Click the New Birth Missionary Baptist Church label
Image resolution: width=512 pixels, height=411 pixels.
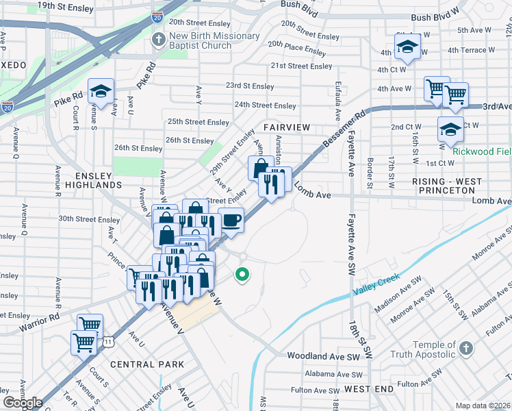(x=214, y=41)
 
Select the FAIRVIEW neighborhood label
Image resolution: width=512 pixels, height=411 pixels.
(x=286, y=128)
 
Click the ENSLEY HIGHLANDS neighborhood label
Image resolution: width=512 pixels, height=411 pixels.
(x=94, y=179)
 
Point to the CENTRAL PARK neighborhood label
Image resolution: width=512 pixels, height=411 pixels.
(x=146, y=364)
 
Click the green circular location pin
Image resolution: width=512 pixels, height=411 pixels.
(x=242, y=275)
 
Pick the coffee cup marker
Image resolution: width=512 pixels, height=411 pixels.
(x=231, y=221)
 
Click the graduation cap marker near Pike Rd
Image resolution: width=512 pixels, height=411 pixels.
(x=101, y=91)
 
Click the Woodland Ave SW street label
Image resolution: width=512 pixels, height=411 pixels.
(x=323, y=357)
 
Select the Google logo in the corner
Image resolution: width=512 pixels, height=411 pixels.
(x=23, y=403)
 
